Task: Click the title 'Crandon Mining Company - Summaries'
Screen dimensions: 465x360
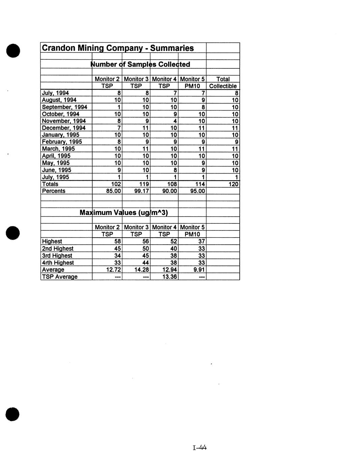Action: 118,48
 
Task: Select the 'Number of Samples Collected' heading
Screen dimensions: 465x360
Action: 141,64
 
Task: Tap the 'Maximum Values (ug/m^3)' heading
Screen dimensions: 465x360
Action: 124,213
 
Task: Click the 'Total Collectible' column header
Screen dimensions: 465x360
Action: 223,83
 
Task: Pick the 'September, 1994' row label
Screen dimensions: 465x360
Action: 64,107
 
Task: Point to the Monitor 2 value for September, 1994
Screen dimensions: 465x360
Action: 119,107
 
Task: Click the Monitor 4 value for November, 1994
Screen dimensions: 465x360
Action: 175,121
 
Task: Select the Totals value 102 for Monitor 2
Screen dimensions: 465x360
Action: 116,184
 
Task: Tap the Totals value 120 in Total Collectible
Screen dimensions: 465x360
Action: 233,184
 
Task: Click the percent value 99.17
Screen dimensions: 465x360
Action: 142,191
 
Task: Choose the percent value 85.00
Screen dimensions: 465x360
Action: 114,191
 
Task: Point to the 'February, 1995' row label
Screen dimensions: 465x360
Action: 62,142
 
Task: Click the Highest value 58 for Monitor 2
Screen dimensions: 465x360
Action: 118,241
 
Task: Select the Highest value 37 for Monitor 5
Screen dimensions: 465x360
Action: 202,241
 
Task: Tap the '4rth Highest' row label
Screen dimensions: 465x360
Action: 58,262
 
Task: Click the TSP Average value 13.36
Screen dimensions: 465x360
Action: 170,277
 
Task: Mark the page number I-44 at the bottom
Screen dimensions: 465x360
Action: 199,448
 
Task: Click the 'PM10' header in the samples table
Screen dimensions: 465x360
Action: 192,86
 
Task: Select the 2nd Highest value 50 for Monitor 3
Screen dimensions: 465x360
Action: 146,248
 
